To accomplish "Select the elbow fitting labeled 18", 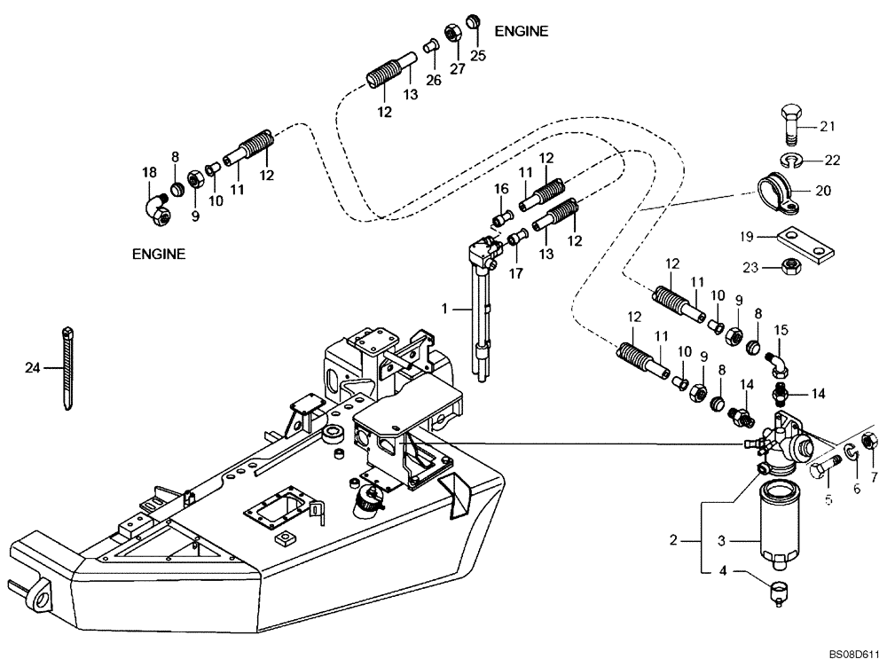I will point(158,208).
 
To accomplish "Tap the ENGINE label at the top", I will point(521,31).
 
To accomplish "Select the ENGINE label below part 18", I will point(159,254).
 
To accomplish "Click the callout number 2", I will point(674,538).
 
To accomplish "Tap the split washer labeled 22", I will point(794,159).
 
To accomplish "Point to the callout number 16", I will point(500,189).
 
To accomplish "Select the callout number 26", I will point(433,80).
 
